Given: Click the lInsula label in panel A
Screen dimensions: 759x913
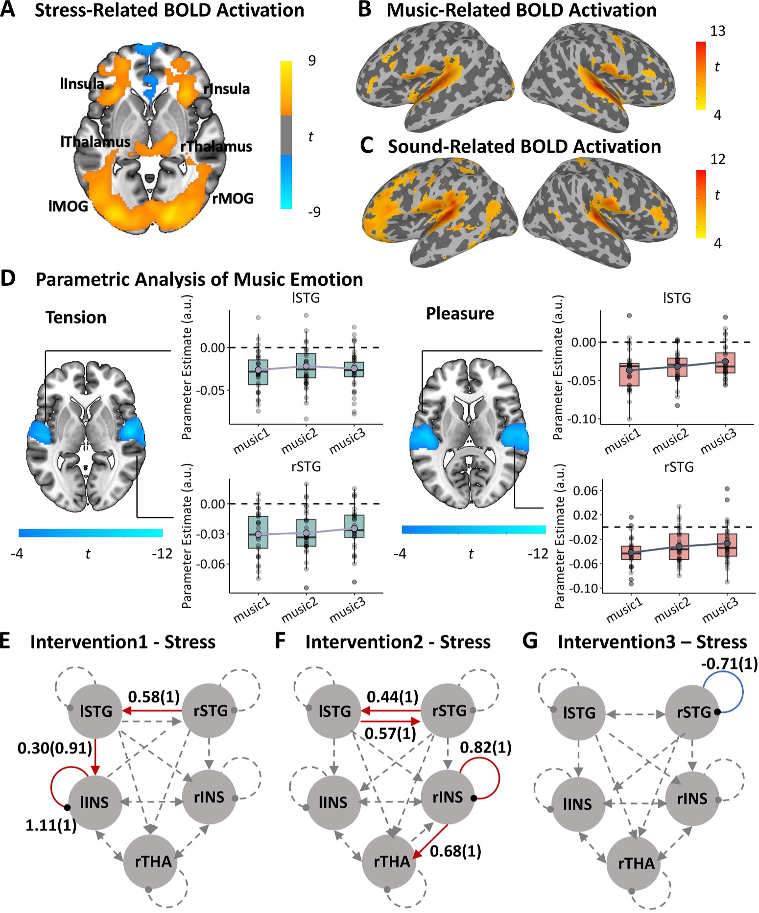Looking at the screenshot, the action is pyautogui.click(x=82, y=84).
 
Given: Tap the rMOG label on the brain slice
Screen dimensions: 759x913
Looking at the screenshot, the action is pyautogui.click(x=233, y=198).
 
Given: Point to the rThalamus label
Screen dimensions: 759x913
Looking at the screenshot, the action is pyautogui.click(x=216, y=146).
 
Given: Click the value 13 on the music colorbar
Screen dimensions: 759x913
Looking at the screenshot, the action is pyautogui.click(x=717, y=31).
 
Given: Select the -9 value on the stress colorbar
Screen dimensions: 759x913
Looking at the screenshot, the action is pyautogui.click(x=314, y=211).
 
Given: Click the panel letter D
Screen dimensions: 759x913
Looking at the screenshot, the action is pyautogui.click(x=9, y=278).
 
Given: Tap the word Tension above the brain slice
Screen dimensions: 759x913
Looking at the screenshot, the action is pyautogui.click(x=76, y=317).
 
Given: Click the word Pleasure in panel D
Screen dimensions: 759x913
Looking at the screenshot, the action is pyautogui.click(x=460, y=313).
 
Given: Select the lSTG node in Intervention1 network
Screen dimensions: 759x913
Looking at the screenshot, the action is pyautogui.click(x=95, y=711).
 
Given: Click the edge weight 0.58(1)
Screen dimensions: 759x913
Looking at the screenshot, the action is pyautogui.click(x=154, y=696).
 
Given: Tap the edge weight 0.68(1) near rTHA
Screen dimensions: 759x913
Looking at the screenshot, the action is pyautogui.click(x=455, y=851).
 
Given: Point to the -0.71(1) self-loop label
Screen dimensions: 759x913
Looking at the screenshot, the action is pyautogui.click(x=729, y=664).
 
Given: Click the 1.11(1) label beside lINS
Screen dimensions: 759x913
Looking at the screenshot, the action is pyautogui.click(x=51, y=825).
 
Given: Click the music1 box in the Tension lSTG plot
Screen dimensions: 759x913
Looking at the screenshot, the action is pyautogui.click(x=258, y=372).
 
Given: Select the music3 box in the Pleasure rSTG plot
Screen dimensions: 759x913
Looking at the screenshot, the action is pyautogui.click(x=727, y=545).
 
